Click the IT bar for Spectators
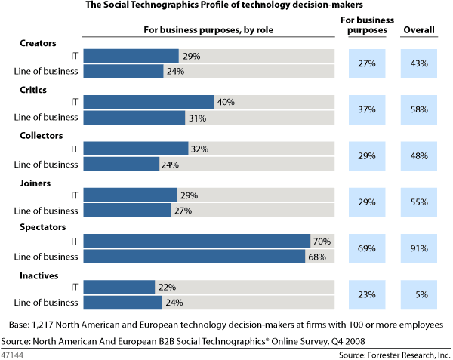coord(196,241)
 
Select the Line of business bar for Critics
coord(134,118)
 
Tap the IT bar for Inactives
coord(119,287)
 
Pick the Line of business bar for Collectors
coord(121,164)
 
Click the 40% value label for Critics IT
coord(226,102)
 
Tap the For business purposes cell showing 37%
coord(367,110)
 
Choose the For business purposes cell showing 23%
coord(367,294)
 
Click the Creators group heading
coord(38,43)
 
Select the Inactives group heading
coord(39,275)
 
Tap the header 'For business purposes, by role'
coord(208,31)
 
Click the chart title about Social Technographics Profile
coord(226,7)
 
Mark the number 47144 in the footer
coord(14,353)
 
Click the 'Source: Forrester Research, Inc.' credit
coord(393,353)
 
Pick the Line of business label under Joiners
coord(47,210)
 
